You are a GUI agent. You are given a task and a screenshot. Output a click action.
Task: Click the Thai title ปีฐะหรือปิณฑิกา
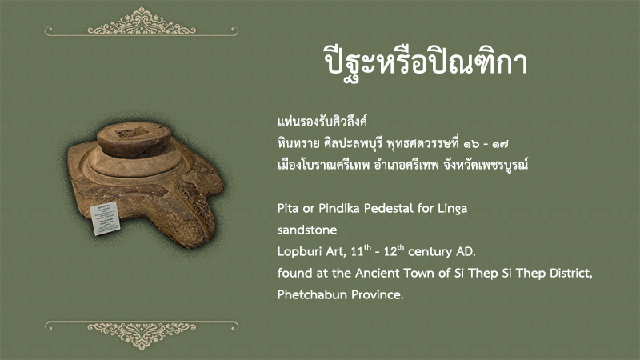tap(426, 62)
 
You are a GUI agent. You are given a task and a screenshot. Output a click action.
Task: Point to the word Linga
tap(452, 210)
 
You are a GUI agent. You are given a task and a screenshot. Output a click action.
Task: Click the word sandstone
tap(307, 230)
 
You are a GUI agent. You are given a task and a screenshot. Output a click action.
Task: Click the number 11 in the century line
tap(357, 252)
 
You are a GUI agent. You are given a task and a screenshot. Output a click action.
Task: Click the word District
tap(570, 273)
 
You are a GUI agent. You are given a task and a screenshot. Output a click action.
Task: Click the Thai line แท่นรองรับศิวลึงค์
tap(322, 122)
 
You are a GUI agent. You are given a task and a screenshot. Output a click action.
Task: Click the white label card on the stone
tap(105, 218)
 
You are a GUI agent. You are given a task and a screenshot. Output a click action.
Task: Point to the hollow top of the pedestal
tap(132, 131)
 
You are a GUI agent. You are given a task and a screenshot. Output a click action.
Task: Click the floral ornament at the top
tap(142, 22)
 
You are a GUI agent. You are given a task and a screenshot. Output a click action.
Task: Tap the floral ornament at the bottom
tap(142, 334)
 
